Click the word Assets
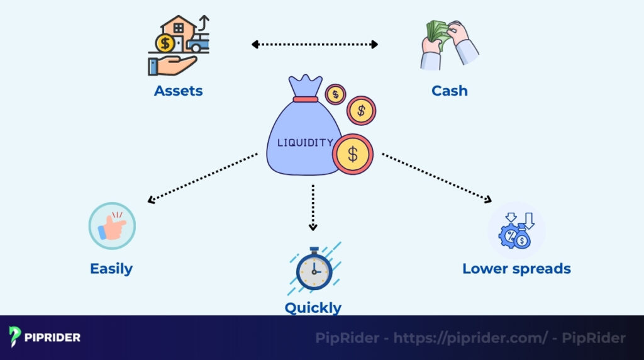[178, 91]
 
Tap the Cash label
[449, 91]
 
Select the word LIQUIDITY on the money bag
[305, 143]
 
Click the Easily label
[111, 269]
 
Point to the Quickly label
[313, 308]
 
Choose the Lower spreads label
[516, 269]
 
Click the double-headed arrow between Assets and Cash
[314, 45]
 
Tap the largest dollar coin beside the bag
[353, 154]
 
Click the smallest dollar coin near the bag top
[335, 94]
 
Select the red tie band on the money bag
[305, 99]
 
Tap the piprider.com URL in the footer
[470, 338]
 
